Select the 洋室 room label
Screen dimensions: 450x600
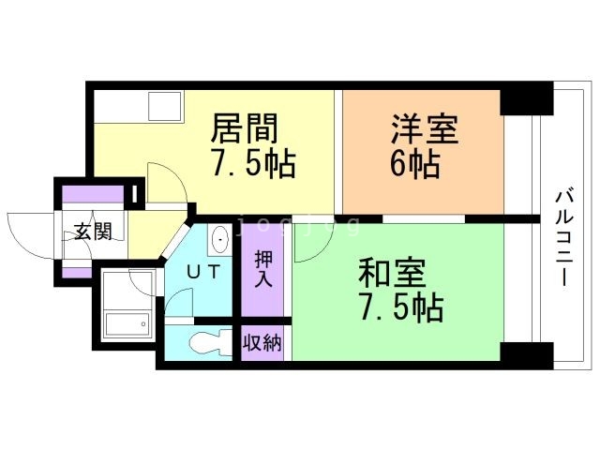point(424,128)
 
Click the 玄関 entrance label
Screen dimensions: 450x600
point(94,232)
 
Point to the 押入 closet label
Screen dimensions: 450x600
point(262,268)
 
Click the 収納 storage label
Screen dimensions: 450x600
point(262,342)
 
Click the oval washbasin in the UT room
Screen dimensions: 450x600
point(219,241)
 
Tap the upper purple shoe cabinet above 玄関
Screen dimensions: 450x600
point(94,196)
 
